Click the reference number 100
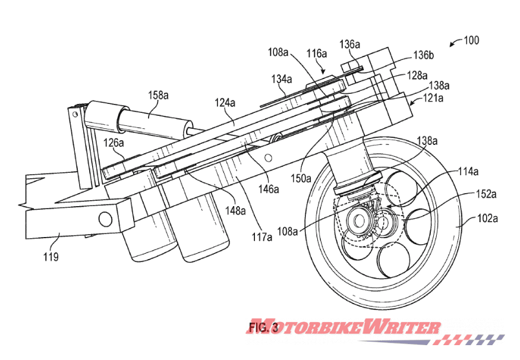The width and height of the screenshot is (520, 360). click(x=471, y=41)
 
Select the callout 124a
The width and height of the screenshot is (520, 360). click(x=224, y=103)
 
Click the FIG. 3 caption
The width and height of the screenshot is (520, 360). click(x=263, y=327)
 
